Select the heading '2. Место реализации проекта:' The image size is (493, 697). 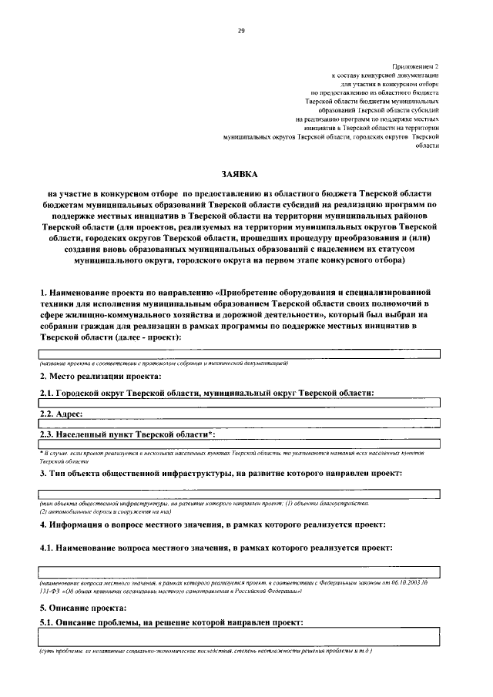tap(101, 376)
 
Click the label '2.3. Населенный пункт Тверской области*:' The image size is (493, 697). tap(127, 434)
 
